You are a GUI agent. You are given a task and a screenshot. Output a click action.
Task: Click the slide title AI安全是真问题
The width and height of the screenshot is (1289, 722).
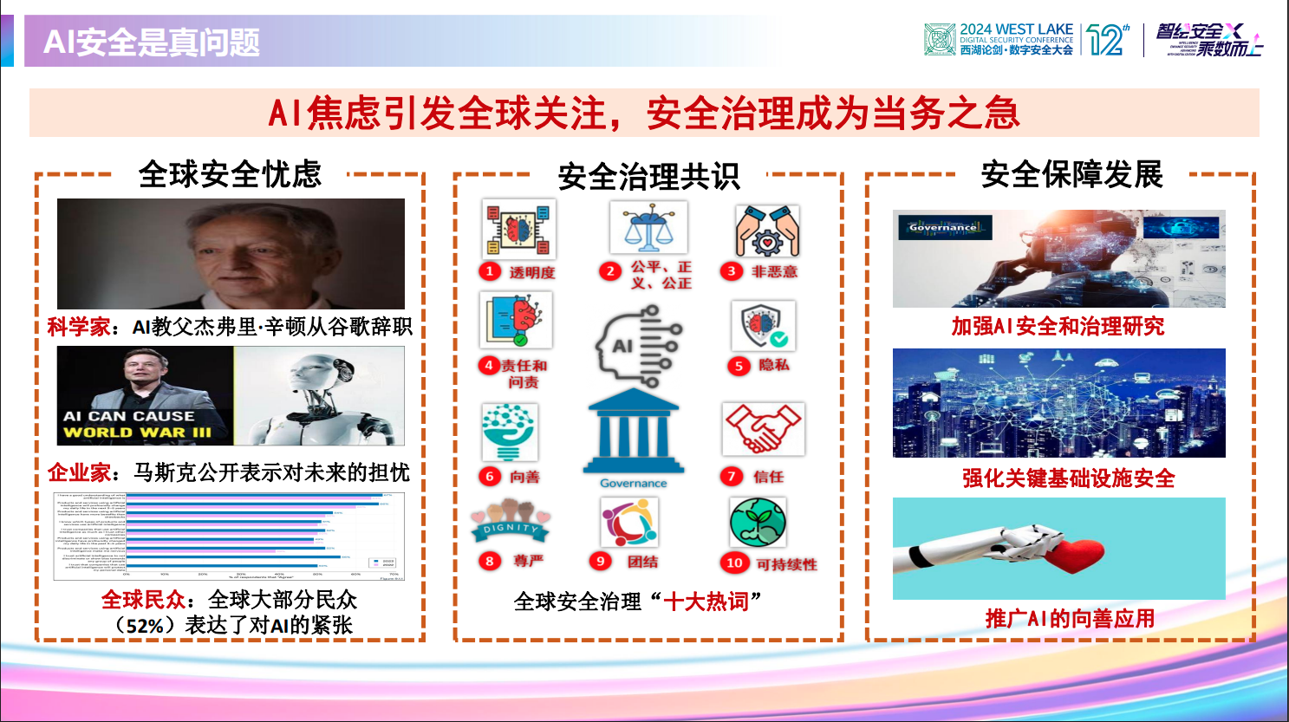pos(152,42)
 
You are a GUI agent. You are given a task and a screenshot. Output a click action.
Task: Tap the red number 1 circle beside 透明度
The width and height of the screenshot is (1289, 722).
pos(490,271)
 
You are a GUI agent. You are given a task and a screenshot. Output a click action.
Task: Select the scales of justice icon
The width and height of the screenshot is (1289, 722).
pos(648,227)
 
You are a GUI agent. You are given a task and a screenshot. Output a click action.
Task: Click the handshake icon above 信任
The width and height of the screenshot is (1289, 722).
pos(763,428)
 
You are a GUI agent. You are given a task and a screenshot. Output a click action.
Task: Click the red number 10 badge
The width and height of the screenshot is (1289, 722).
pos(734,563)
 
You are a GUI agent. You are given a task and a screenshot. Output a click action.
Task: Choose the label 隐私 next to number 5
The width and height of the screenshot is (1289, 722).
pos(773,365)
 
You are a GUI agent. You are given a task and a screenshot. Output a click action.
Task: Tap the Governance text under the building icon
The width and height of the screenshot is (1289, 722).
pos(634,483)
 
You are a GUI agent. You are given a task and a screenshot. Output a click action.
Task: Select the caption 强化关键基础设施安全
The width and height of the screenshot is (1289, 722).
pos(1068,478)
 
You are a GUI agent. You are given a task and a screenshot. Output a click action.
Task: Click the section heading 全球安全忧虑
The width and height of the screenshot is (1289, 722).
pos(230,174)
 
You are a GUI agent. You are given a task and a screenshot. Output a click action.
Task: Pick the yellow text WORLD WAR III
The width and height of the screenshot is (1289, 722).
pos(137,432)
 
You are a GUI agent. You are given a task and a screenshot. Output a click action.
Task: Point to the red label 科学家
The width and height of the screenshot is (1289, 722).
pos(78,327)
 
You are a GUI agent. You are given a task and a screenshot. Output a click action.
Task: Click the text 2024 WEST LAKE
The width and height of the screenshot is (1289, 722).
pos(1016,29)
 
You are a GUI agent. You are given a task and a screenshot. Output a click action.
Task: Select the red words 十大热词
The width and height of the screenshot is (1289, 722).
pos(706,601)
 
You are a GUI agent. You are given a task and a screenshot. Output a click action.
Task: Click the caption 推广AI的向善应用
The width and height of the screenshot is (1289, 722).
pos(1070,619)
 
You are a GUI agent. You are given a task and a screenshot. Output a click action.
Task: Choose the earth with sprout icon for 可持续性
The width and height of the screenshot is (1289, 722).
pos(757,523)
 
